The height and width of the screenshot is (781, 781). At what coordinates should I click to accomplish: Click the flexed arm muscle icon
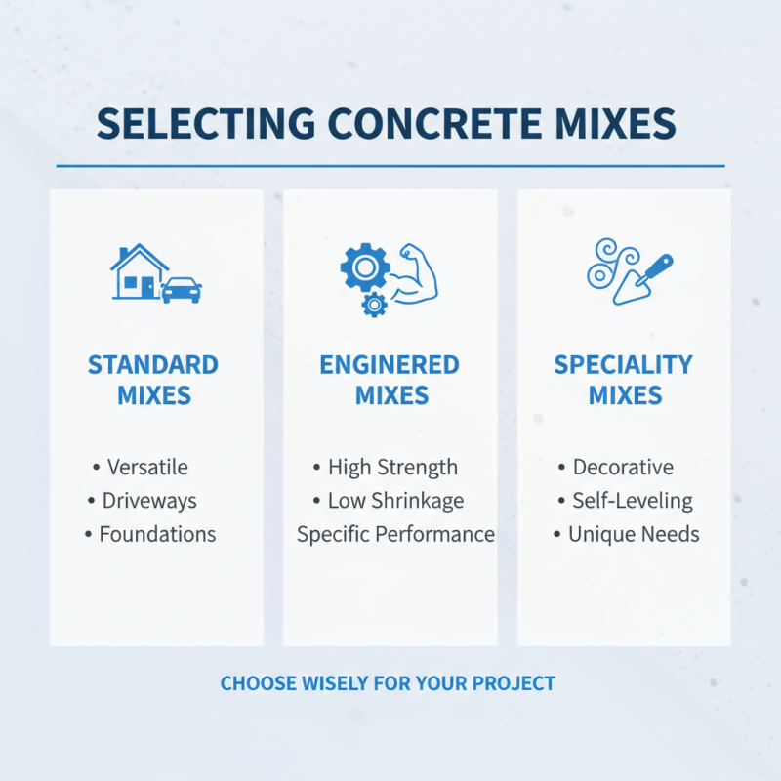click(414, 272)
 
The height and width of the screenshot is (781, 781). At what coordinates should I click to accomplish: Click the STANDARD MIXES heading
click(153, 380)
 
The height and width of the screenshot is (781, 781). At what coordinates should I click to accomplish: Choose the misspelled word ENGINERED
click(390, 365)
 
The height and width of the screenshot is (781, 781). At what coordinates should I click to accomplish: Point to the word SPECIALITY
click(623, 365)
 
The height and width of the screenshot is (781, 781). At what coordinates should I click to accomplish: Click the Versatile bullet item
click(146, 468)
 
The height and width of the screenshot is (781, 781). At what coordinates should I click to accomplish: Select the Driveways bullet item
click(148, 501)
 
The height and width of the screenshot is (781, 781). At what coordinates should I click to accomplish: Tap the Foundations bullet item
click(156, 534)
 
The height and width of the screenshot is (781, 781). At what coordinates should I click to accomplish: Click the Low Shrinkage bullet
click(395, 501)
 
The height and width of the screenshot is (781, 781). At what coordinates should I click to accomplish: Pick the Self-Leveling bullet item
click(632, 501)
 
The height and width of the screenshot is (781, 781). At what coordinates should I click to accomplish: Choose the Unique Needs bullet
click(634, 534)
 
